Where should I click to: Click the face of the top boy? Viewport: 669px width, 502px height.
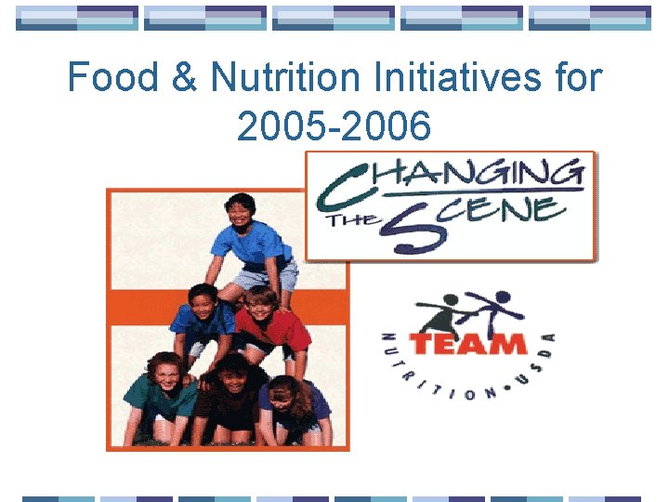[239, 211]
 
